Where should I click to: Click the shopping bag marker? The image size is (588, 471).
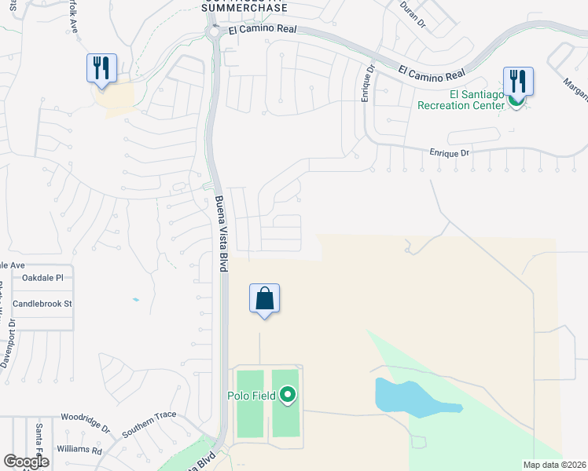[265, 299]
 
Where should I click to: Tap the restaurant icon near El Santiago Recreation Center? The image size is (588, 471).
[518, 81]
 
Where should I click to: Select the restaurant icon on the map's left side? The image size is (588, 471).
[101, 68]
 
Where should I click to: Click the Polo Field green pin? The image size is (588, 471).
[288, 394]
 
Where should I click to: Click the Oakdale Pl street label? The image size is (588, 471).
[47, 278]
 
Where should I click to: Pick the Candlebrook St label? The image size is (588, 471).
[42, 303]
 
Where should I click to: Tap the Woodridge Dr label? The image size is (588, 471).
[86, 423]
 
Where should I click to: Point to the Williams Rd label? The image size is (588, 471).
[79, 451]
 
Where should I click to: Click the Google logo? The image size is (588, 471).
[26, 462]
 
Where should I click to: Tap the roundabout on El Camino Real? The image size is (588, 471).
[214, 31]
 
